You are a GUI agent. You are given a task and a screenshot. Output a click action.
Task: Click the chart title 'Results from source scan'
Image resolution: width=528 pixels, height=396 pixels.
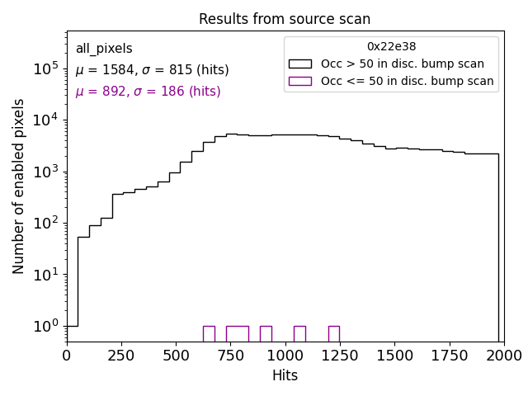click(285, 19)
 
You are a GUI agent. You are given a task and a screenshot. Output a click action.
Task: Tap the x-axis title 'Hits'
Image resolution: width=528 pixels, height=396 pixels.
click(285, 375)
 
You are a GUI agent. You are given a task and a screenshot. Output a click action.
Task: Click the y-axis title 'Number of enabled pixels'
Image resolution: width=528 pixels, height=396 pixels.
click(19, 186)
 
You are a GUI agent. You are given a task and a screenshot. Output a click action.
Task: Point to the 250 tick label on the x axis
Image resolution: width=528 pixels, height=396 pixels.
click(121, 355)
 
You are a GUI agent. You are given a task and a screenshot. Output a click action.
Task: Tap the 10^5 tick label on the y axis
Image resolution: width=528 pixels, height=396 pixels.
click(46, 68)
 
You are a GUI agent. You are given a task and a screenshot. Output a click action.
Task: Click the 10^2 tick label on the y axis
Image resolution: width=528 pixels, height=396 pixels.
click(46, 223)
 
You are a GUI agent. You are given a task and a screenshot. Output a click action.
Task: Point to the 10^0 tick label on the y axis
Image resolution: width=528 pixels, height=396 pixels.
click(46, 326)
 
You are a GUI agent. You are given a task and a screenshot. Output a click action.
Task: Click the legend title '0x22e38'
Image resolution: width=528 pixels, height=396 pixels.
click(391, 47)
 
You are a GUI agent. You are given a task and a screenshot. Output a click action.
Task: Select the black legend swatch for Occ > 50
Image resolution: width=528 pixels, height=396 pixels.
click(299, 64)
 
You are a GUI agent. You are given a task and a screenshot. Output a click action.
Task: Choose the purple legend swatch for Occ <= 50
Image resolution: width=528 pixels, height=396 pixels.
click(299, 81)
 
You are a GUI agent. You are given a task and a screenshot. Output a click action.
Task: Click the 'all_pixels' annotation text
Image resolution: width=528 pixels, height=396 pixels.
click(104, 49)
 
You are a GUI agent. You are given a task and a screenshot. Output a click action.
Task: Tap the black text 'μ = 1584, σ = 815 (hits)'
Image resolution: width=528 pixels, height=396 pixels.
click(152, 70)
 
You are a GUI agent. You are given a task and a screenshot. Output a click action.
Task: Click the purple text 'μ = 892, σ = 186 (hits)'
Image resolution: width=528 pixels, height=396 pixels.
click(148, 92)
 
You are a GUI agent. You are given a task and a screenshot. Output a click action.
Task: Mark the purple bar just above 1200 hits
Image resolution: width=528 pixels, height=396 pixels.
click(333, 333)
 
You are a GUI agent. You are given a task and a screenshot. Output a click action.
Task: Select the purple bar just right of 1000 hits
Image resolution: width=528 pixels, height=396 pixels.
click(299, 333)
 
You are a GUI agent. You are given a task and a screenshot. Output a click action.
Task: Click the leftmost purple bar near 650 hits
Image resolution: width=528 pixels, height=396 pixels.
click(209, 333)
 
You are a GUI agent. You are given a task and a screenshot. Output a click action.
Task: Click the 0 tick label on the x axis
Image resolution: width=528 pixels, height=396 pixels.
click(67, 355)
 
